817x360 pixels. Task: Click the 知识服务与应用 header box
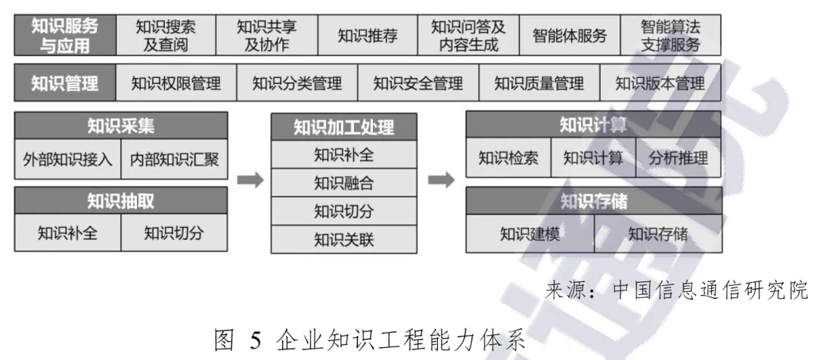[x=65, y=35]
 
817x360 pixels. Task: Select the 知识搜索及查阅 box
[x=166, y=35]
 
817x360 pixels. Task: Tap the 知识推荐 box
[x=367, y=35]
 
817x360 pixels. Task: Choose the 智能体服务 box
[x=569, y=35]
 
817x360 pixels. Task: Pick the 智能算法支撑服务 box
[x=670, y=35]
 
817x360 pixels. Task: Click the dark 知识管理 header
[x=65, y=83]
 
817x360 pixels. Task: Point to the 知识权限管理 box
[x=176, y=83]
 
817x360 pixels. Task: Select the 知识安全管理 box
[x=418, y=83]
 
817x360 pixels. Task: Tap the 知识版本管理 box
[x=660, y=83]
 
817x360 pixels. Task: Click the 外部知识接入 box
[x=67, y=160]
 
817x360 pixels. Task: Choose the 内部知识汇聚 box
[x=174, y=160]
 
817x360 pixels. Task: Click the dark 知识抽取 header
[x=121, y=200]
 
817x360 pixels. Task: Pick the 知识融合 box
[x=343, y=183]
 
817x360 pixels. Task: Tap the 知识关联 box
[x=343, y=240]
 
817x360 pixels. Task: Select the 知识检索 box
[x=508, y=158]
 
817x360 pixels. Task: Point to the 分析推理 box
[x=679, y=158]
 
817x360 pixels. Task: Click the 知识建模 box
[x=530, y=234]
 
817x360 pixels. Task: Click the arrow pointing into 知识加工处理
[x=250, y=181]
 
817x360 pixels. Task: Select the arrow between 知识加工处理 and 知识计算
[x=441, y=181]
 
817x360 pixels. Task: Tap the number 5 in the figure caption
[x=256, y=342]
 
